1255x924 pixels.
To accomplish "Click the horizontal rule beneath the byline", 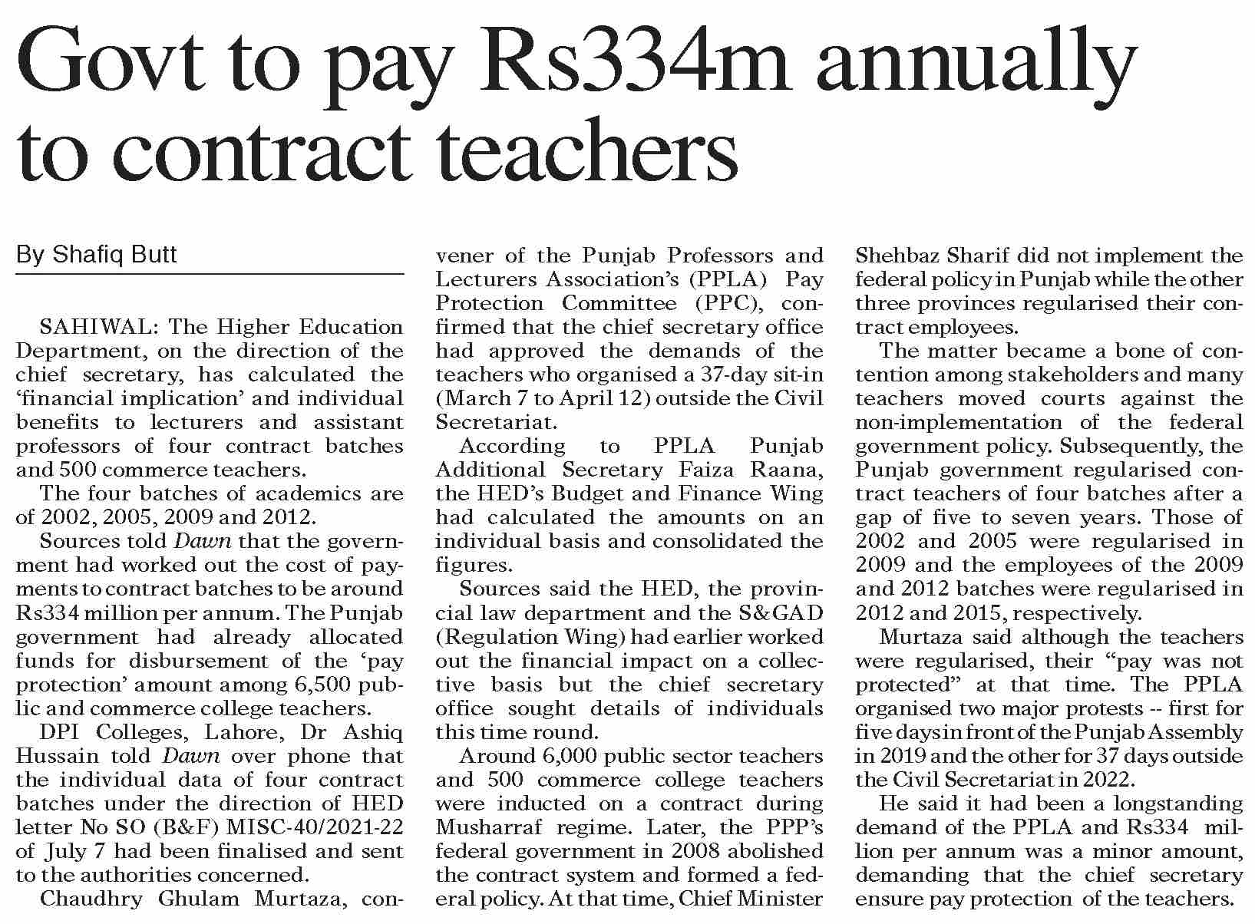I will coord(210,274).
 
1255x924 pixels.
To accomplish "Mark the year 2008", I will coord(696,851).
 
